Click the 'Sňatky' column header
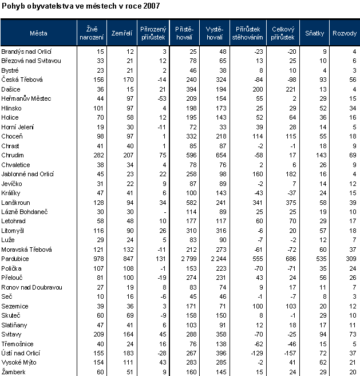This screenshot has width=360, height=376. [x=315, y=33]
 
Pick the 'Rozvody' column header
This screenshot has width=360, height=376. [x=345, y=33]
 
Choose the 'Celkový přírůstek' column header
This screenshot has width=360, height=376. [x=283, y=33]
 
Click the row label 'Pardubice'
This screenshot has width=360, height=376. [x=15, y=259]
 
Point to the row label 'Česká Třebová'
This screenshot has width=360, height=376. [x=22, y=79]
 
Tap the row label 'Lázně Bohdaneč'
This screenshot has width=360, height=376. [x=24, y=211]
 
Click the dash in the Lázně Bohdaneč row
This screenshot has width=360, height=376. [x=165, y=211]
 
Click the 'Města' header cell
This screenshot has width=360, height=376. [x=39, y=33]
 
